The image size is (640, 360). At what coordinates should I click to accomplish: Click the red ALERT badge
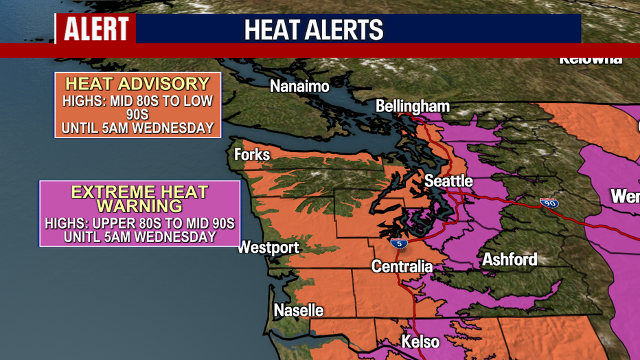(96, 29)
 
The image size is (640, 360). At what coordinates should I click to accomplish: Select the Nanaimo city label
(299, 87)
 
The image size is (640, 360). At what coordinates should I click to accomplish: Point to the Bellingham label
(413, 106)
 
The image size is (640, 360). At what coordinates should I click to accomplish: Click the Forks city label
(252, 155)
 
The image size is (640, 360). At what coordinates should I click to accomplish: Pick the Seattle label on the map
(448, 181)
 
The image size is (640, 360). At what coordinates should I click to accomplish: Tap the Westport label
(268, 247)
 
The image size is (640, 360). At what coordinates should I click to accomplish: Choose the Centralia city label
(402, 266)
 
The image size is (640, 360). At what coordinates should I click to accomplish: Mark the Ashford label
(510, 260)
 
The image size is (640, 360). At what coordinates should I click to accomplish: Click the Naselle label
(299, 310)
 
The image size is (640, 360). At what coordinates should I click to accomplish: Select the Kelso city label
(420, 341)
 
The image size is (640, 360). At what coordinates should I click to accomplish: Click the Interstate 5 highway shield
(398, 243)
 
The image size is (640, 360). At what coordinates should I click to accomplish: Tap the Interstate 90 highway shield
(549, 203)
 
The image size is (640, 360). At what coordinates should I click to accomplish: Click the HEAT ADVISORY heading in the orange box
(137, 84)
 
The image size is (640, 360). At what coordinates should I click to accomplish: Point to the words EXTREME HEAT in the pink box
(139, 192)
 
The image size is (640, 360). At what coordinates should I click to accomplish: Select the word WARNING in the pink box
(139, 206)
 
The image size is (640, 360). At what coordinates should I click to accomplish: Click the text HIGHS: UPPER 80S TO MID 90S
(139, 224)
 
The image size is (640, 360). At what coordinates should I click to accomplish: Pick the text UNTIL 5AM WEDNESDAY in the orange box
(137, 128)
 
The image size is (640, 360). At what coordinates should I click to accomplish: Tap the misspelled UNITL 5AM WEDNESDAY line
(139, 237)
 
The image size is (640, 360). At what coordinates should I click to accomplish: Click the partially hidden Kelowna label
(591, 59)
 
